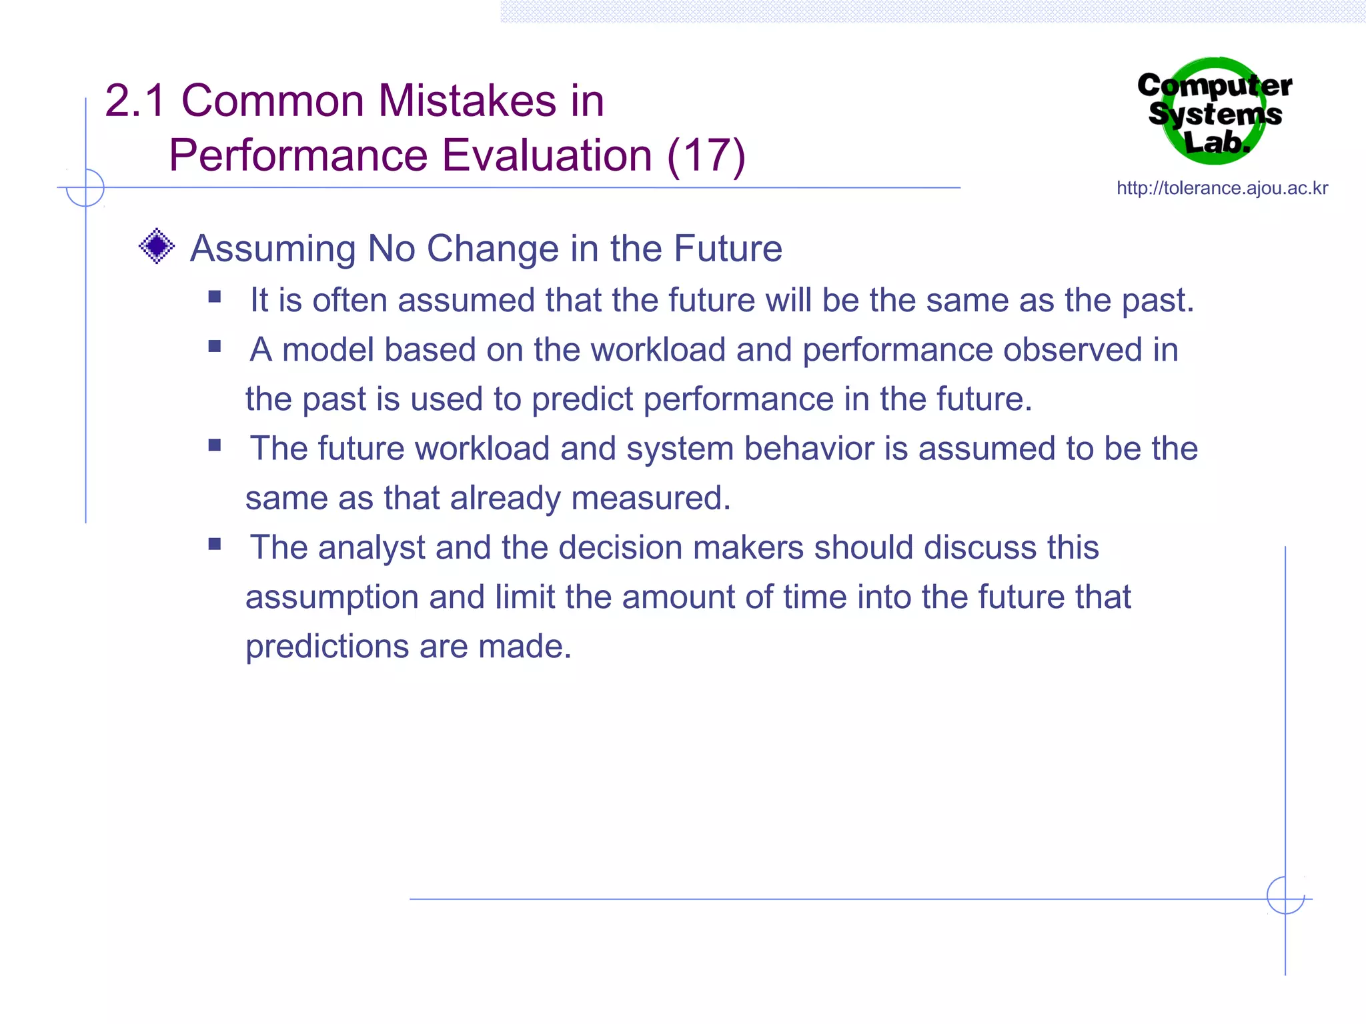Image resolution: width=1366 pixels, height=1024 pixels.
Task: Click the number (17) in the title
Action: (706, 155)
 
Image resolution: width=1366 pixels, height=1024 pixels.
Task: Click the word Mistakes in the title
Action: (467, 101)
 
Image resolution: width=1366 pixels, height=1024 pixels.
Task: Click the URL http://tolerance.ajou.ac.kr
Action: (1222, 188)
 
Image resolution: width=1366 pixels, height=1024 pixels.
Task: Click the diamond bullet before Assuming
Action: (157, 246)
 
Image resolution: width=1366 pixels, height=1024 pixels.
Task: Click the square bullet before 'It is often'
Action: (214, 297)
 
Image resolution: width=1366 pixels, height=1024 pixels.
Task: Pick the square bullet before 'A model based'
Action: (214, 346)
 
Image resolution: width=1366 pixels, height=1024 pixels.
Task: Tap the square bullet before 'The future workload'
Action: (214, 445)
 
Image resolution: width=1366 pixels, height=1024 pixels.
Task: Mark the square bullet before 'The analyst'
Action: (214, 544)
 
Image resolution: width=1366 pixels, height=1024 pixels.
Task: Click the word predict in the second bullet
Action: (582, 400)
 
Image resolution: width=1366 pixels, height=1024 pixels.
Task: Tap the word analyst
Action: (371, 548)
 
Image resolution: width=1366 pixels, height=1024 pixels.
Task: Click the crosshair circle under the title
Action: (85, 188)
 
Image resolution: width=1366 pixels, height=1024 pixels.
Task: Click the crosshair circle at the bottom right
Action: (1285, 895)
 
